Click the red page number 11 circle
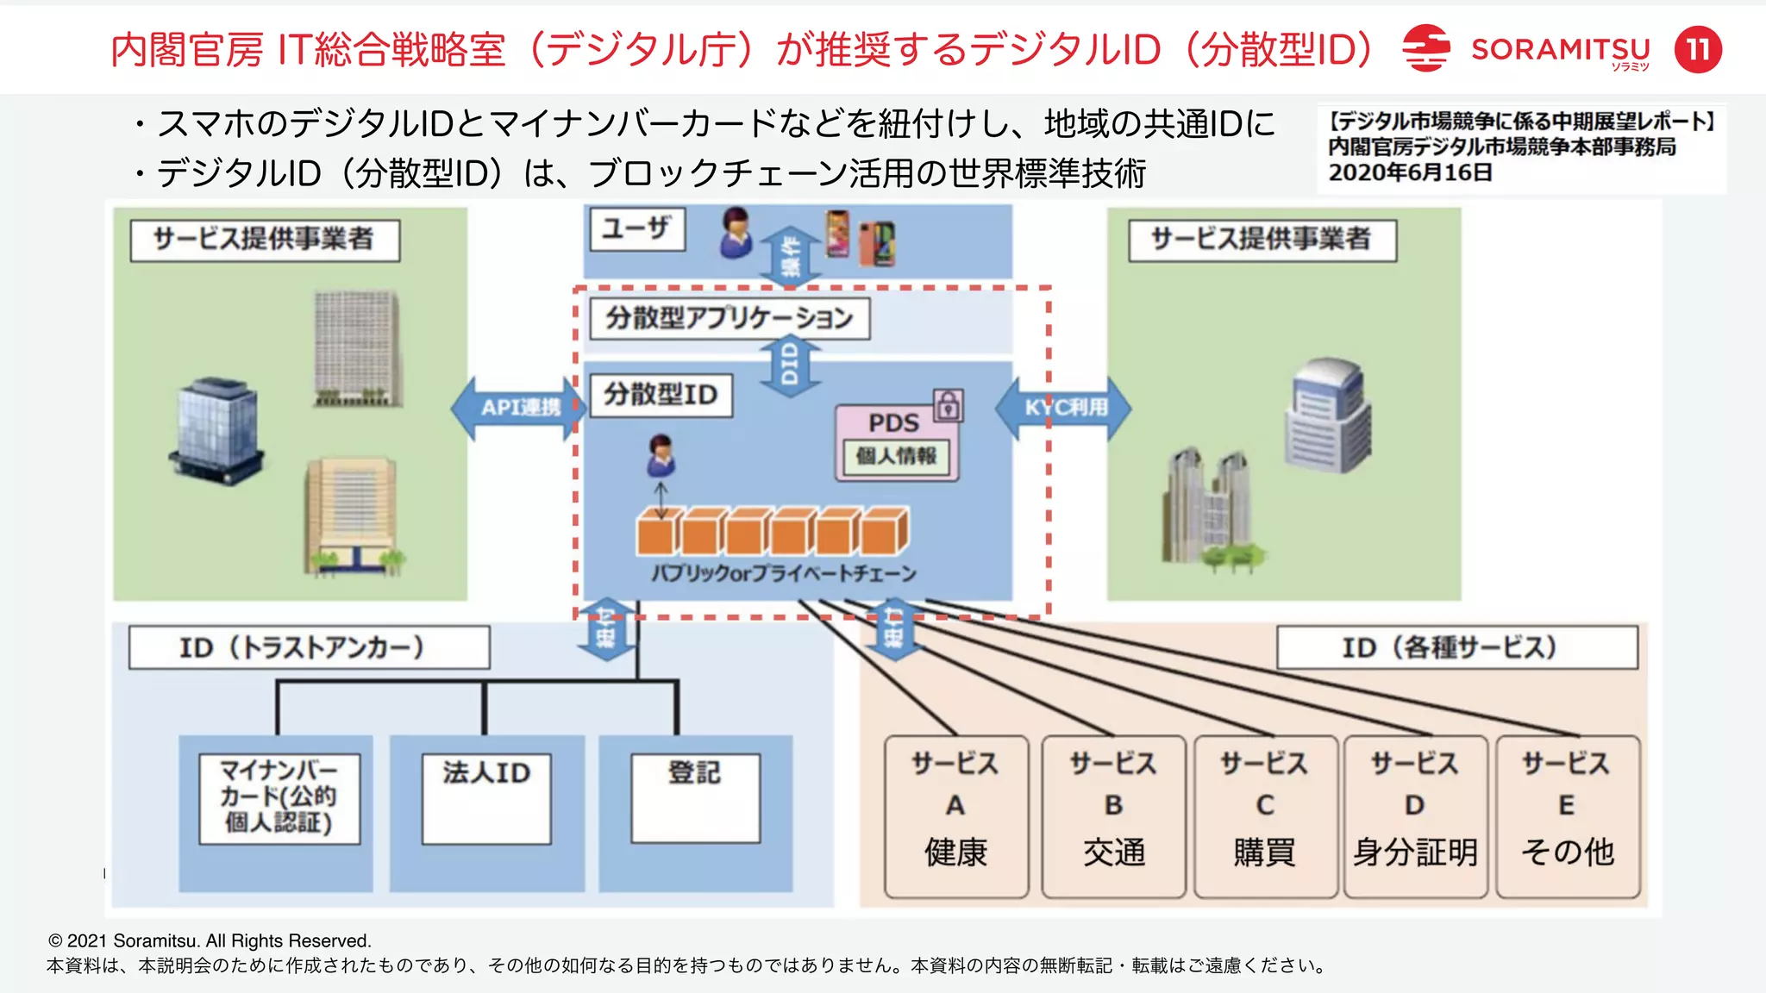tap(1698, 49)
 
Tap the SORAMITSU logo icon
tap(1425, 48)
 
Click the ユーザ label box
tap(637, 229)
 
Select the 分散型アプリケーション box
tap(730, 318)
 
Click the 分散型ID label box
tap(660, 395)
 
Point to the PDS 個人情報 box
tap(896, 443)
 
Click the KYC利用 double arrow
tap(1064, 408)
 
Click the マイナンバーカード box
tap(279, 798)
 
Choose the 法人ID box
tap(486, 798)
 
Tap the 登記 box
tap(695, 798)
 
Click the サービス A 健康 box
tap(955, 815)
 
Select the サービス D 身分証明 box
tap(1414, 815)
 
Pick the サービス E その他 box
tap(1567, 815)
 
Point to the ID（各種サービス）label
tap(1456, 647)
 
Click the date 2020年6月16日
tap(1410, 172)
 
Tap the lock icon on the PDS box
tap(948, 405)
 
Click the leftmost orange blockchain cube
tap(657, 533)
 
